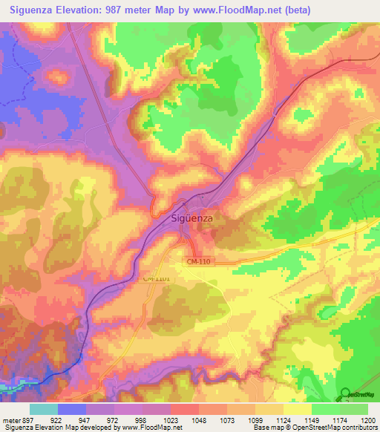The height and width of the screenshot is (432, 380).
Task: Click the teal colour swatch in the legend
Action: (44, 409)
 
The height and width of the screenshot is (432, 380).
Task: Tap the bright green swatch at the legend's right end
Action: (354, 409)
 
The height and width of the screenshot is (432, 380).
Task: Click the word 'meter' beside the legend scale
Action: (11, 421)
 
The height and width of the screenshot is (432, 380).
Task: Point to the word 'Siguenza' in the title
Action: (36, 10)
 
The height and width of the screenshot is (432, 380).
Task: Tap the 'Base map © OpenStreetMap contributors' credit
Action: (315, 428)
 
